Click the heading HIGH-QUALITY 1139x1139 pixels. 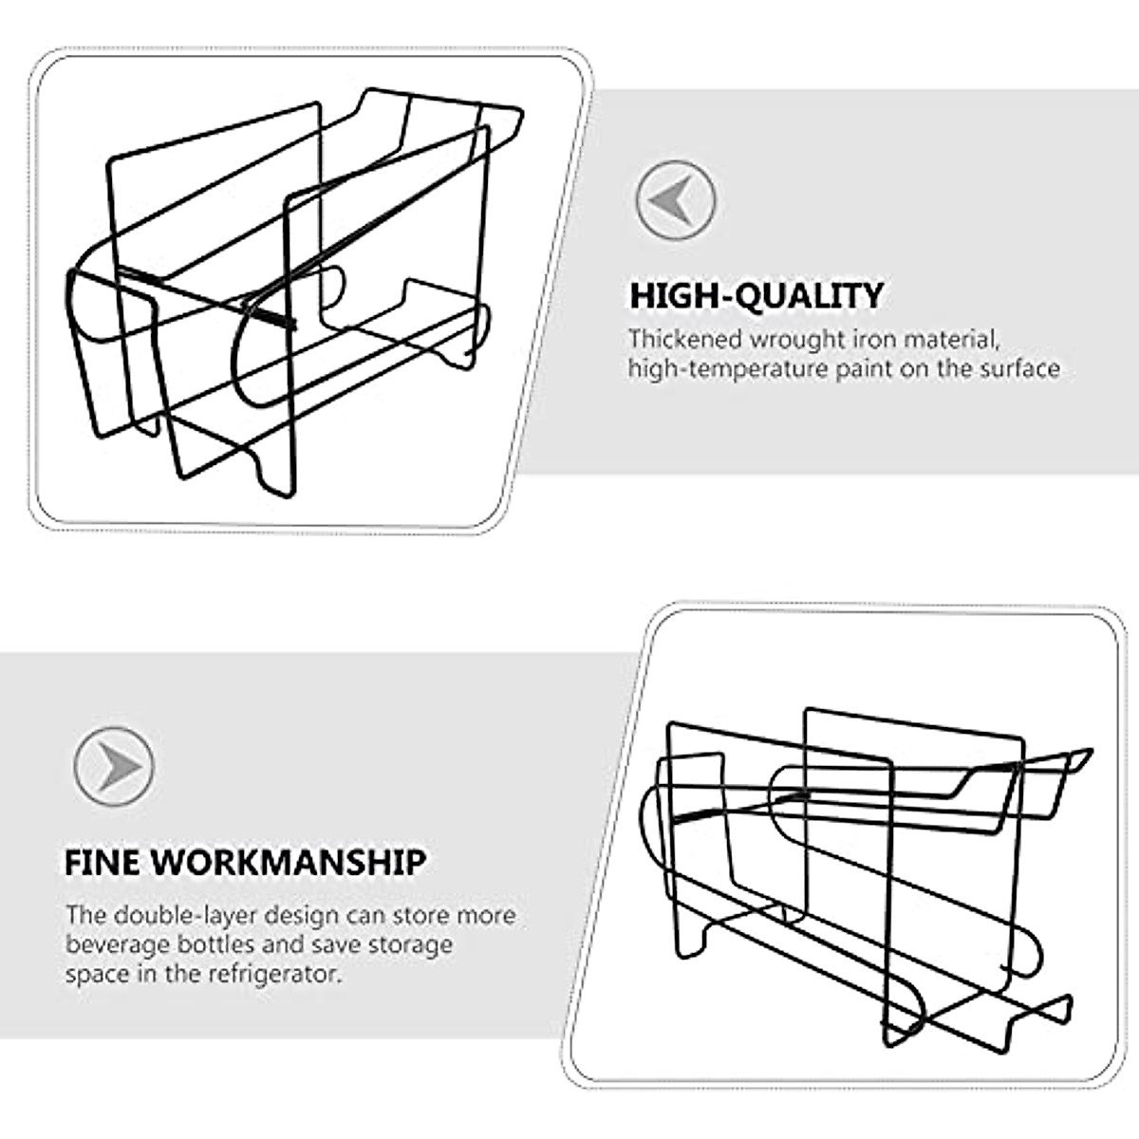pos(756,296)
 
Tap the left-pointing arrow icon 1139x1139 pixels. pos(675,200)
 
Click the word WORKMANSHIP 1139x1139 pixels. pos(289,863)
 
